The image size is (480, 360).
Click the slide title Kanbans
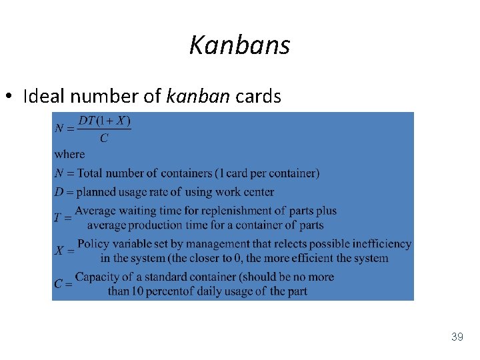tap(239, 45)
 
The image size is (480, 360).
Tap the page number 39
tap(457, 337)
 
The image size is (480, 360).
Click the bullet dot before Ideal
tap(10, 97)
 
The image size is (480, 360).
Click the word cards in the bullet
tap(259, 97)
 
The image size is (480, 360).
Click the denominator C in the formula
tap(103, 139)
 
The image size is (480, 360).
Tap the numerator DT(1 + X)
tap(104, 121)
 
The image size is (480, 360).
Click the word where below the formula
tap(69, 154)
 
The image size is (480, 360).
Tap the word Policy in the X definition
tap(93, 244)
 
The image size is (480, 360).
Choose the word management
tap(225, 244)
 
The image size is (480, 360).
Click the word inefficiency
tap(379, 244)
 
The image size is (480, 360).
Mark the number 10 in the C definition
tap(139, 291)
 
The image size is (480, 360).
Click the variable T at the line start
tap(58, 217)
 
